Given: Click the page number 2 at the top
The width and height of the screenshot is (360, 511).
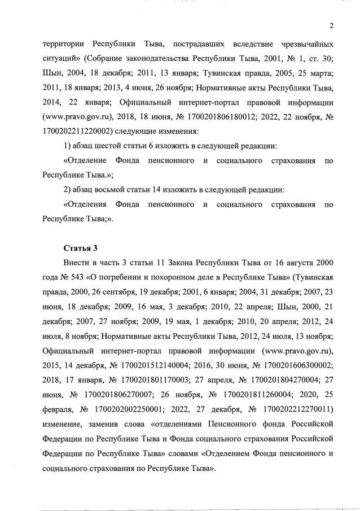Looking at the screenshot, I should [x=332, y=25].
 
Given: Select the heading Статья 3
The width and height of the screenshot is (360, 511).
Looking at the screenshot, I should [x=80, y=248].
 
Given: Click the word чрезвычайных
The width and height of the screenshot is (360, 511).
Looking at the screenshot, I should [x=303, y=43].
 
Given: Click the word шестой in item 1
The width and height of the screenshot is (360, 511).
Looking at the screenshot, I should [x=115, y=146].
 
